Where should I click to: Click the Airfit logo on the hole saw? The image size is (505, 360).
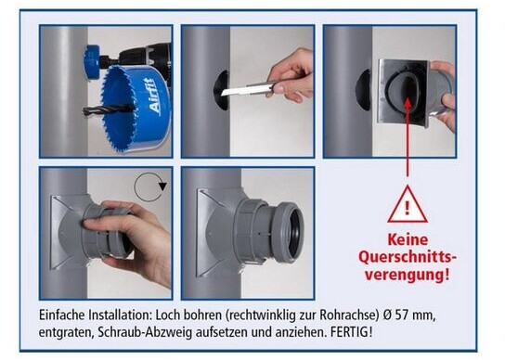coord(151,96)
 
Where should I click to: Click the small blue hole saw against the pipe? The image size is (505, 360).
coord(91,62)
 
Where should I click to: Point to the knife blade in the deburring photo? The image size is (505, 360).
coord(245,89)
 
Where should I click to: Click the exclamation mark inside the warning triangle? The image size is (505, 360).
coord(408,208)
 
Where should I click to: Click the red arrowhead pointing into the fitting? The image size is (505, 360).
coord(408,103)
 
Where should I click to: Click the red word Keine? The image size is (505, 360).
coord(408,240)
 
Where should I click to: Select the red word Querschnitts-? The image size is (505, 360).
coord(408,258)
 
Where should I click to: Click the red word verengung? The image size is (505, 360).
coord(407,275)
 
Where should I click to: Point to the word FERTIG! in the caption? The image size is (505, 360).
coord(352,331)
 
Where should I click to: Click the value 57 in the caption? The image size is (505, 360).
coord(401,315)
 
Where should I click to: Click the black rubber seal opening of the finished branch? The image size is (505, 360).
coord(294,233)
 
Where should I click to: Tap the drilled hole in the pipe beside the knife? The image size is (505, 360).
coord(221,90)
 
